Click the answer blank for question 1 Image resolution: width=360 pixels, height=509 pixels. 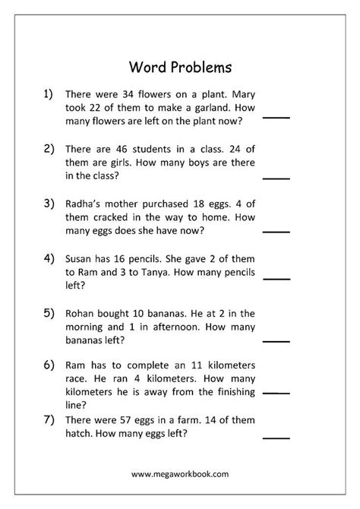pyautogui.click(x=276, y=117)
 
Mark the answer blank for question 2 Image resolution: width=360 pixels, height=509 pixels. pyautogui.click(x=276, y=179)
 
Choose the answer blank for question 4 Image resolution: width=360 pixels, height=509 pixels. pyautogui.click(x=276, y=280)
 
